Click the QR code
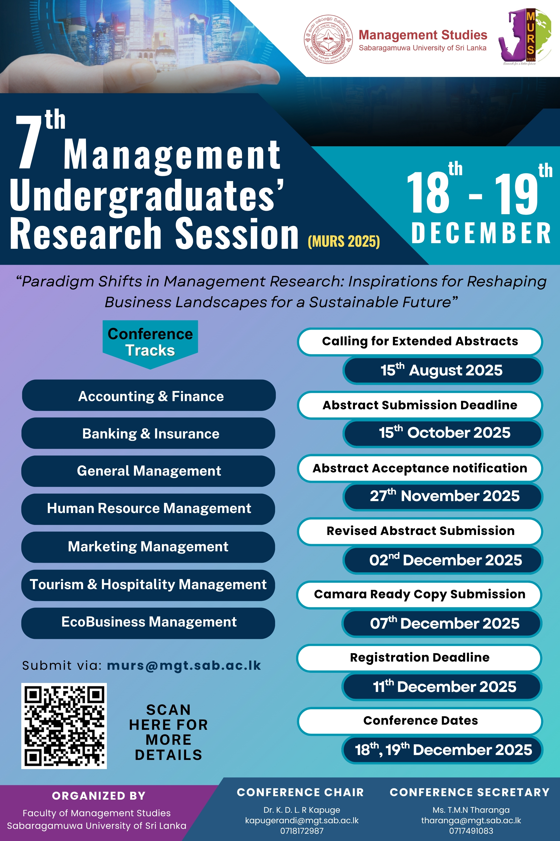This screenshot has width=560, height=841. (x=64, y=726)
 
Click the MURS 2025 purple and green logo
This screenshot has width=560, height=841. (x=524, y=37)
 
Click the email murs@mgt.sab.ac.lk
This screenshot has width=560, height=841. (x=184, y=665)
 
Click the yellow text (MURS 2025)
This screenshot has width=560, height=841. (x=344, y=241)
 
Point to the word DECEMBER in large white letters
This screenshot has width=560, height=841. (x=481, y=233)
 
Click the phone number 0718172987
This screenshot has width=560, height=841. (x=302, y=831)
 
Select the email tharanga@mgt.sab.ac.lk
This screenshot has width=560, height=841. (x=471, y=820)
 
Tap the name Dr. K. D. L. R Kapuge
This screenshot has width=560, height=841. (x=302, y=810)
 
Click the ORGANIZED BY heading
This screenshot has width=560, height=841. (x=99, y=796)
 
